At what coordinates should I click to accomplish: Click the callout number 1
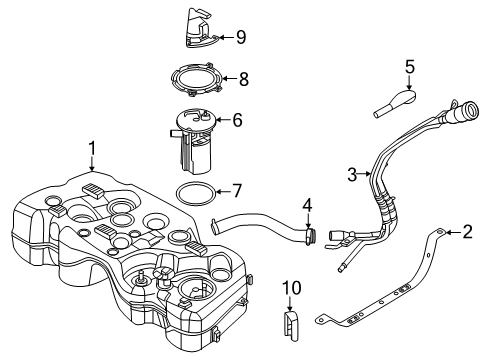[x=91, y=149]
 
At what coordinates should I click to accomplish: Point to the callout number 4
[x=309, y=205]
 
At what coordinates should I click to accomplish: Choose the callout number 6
[x=237, y=119]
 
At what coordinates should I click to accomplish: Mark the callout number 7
[x=237, y=188]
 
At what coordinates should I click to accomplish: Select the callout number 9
[x=240, y=38]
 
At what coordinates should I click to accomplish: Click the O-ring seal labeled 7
[x=194, y=193]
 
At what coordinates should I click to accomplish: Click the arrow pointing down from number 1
[x=91, y=166]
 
